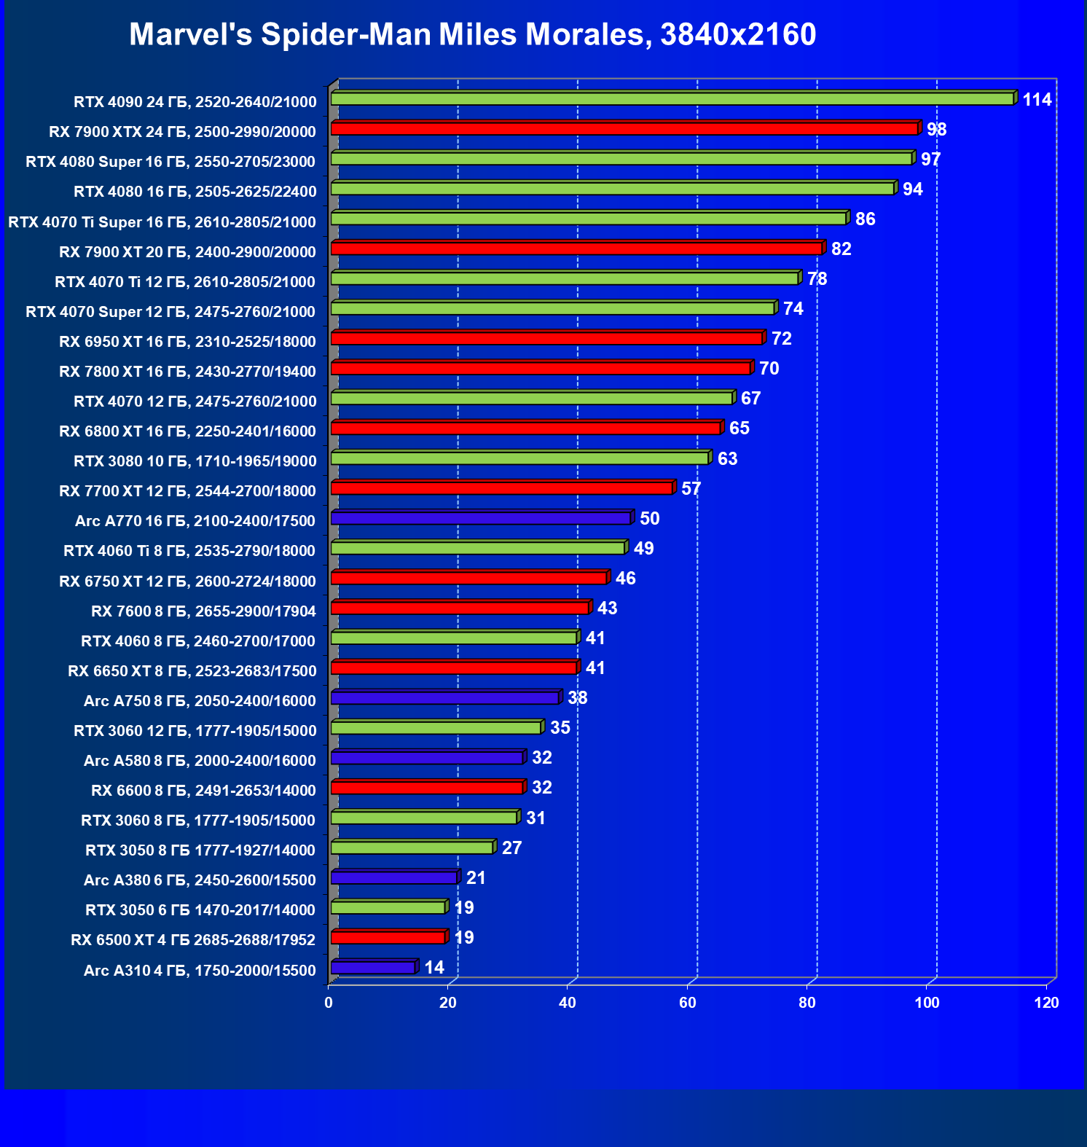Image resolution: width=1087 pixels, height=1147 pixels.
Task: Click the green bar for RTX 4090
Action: (672, 99)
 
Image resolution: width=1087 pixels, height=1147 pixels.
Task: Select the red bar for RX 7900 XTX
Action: (624, 129)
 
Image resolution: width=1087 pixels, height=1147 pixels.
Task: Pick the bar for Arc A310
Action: (373, 968)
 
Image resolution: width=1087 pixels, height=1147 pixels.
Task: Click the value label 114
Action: (1037, 100)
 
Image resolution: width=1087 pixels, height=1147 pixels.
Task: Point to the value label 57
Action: (691, 489)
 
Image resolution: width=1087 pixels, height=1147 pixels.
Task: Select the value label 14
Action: (434, 968)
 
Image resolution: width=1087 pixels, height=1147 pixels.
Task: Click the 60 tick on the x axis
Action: (688, 1003)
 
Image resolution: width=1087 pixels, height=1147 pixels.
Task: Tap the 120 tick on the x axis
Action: (1046, 1003)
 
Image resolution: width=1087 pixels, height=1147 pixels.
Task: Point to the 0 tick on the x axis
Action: (329, 1003)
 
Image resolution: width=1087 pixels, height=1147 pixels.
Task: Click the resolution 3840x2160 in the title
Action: (738, 35)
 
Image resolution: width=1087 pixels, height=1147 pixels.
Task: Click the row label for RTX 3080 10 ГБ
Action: (195, 461)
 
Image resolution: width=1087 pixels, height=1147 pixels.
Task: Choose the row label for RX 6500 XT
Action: (193, 940)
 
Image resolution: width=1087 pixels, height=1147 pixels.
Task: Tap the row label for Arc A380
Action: (200, 880)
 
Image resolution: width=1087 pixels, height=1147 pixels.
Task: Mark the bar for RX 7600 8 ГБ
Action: (460, 608)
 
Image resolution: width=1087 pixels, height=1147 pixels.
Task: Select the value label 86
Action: (865, 219)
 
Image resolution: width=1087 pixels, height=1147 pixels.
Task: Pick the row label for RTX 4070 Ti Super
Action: (162, 222)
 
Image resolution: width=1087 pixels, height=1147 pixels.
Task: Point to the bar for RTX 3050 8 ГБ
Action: (412, 847)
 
